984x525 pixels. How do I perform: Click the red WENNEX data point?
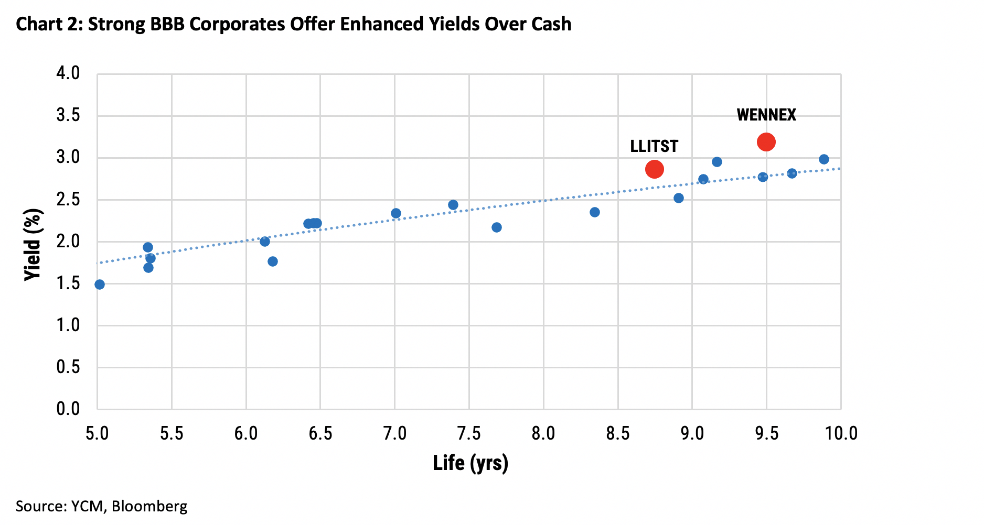766,142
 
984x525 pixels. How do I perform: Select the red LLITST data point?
654,169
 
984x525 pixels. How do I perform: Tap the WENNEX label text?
766,115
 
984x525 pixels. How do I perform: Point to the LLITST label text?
654,146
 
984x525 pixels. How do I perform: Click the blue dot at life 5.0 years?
100,285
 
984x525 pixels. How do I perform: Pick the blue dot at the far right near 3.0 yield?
823,159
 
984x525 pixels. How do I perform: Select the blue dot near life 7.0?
396,213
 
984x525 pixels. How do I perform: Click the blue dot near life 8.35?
594,212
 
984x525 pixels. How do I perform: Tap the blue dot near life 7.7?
497,227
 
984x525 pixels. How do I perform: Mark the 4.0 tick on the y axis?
68,73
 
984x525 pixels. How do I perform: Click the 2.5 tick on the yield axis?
68,200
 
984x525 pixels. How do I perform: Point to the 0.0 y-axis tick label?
68,409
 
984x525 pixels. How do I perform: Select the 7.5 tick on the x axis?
469,434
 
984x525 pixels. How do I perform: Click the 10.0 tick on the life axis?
841,434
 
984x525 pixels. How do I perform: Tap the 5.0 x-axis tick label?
97,434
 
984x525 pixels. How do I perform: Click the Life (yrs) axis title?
470,463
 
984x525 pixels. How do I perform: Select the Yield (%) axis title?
33,245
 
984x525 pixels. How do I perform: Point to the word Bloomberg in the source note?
149,506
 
